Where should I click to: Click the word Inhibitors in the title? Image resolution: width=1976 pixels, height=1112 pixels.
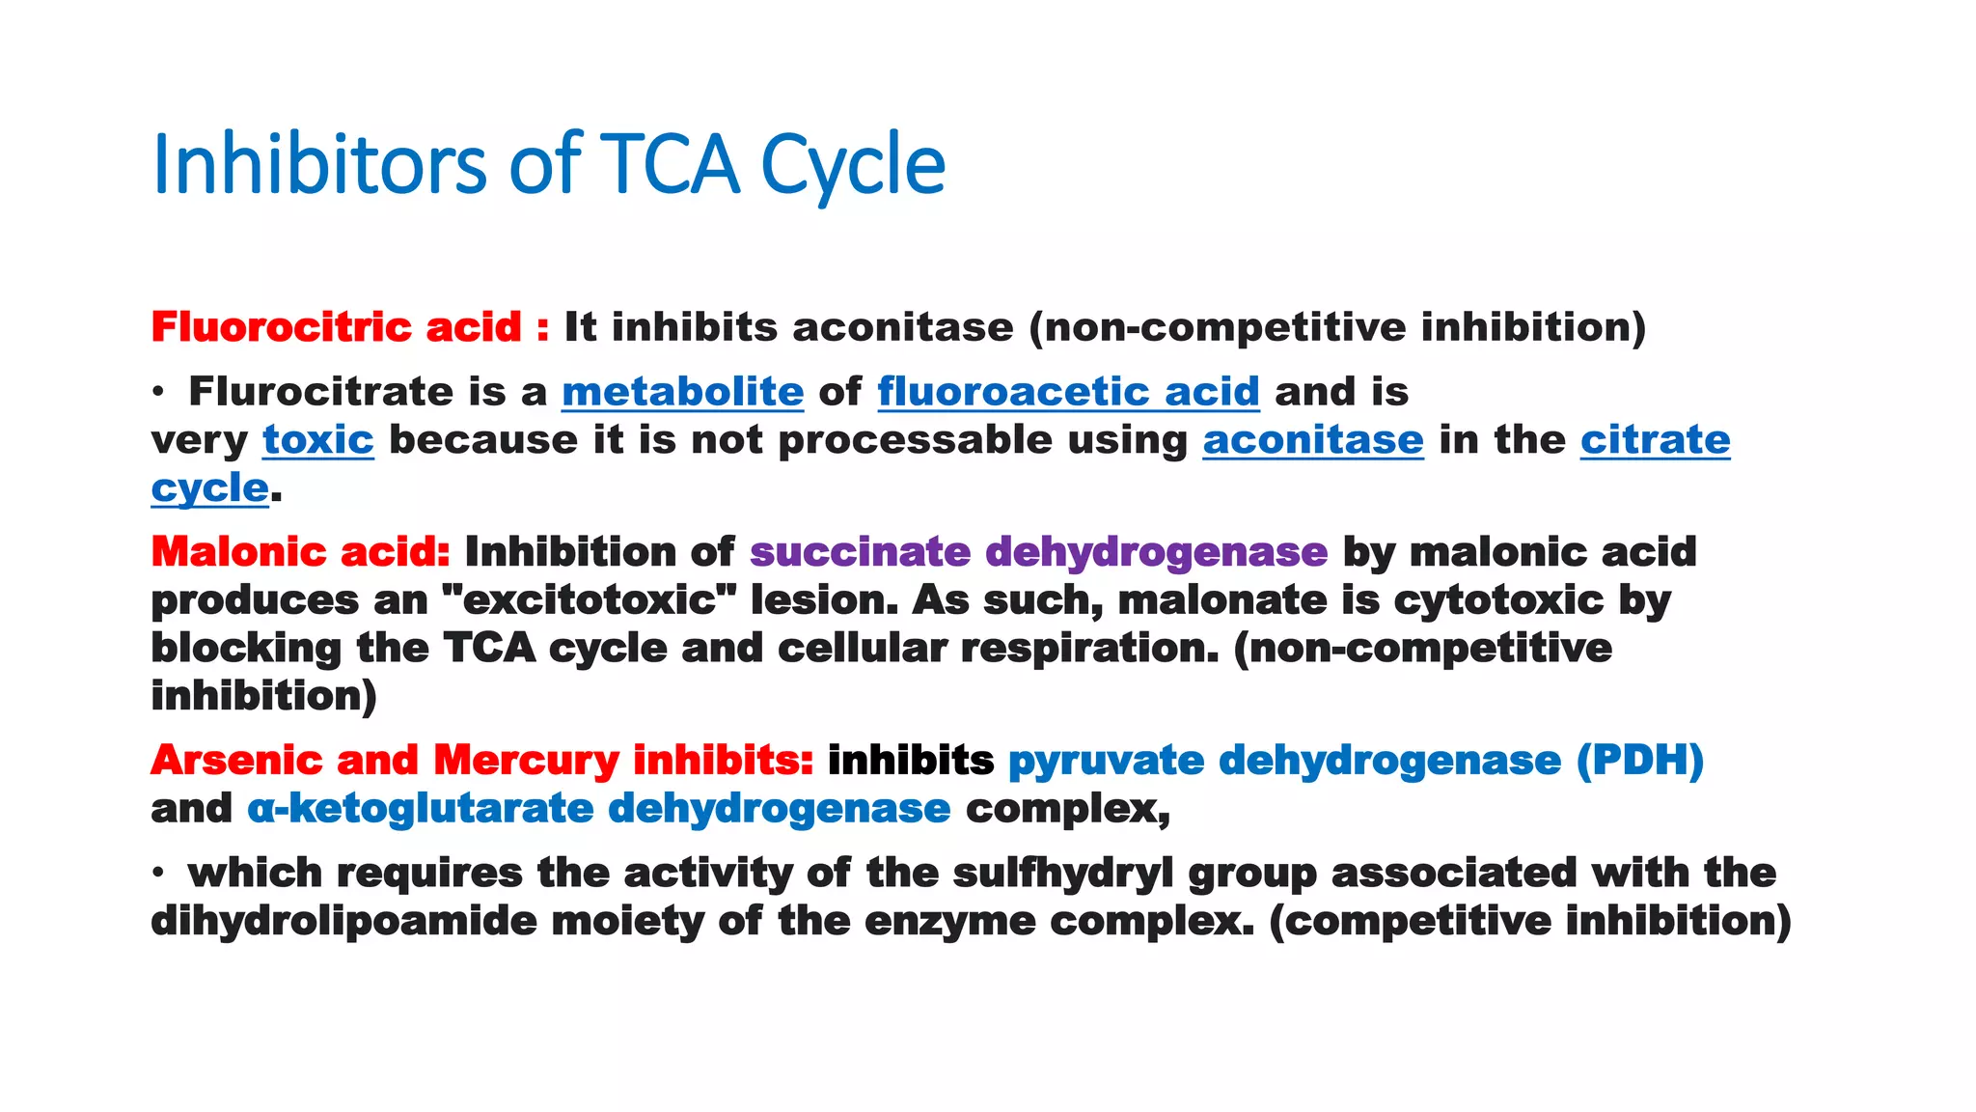(x=319, y=164)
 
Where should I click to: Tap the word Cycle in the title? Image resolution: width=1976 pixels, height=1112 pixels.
(x=853, y=164)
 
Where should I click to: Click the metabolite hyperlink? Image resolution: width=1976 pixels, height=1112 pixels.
(x=682, y=392)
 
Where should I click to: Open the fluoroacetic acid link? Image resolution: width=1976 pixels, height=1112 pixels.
(x=1068, y=392)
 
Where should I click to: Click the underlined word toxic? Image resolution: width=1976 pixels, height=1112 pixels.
(x=317, y=440)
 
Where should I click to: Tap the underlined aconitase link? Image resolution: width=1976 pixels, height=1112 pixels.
(x=1312, y=440)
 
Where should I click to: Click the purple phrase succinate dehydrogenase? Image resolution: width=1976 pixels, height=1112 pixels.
(x=1038, y=552)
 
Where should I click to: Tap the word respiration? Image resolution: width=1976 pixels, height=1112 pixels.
(x=1090, y=648)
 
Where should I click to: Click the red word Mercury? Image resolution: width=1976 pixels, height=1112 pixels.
(x=526, y=761)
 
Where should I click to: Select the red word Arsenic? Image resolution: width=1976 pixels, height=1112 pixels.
(x=236, y=761)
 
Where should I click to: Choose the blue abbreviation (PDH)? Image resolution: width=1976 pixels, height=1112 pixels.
(x=1639, y=761)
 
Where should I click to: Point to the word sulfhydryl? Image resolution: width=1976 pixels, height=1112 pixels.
(x=1062, y=874)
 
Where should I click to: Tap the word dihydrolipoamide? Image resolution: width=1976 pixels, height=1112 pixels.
(x=343, y=921)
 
